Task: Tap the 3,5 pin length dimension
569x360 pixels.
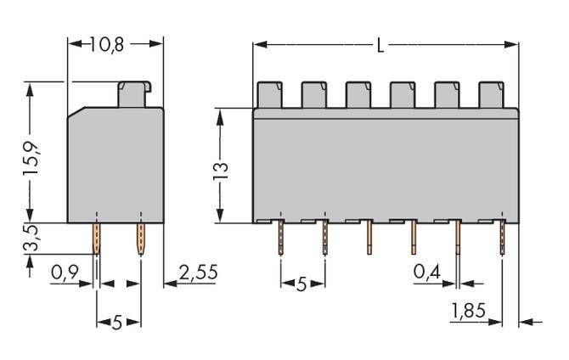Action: coord(31,240)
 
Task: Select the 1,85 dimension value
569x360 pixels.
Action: coord(468,312)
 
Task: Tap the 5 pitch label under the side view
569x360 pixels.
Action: coord(117,322)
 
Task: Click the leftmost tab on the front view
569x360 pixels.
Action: coord(269,93)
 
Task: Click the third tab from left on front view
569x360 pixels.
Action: coord(358,93)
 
